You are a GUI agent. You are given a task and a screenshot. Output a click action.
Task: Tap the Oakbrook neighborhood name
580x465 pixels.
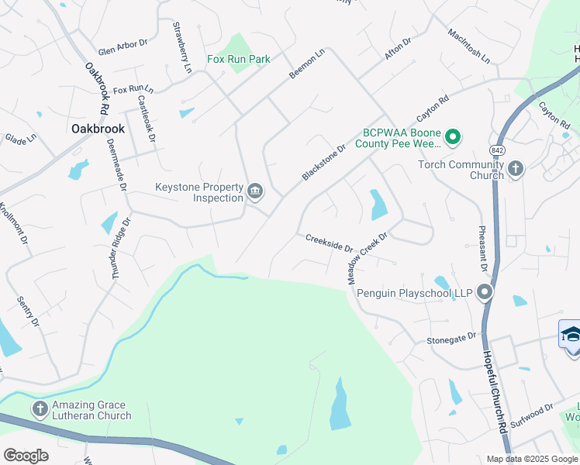click(x=98, y=128)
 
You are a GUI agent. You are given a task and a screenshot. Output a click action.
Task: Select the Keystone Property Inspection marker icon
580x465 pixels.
click(x=254, y=191)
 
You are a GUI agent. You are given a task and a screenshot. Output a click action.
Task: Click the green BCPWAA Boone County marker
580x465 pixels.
click(x=454, y=138)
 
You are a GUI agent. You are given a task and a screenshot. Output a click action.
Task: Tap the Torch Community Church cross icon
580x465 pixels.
click(x=516, y=167)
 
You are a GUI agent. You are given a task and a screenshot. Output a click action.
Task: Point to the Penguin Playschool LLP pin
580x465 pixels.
click(x=485, y=293)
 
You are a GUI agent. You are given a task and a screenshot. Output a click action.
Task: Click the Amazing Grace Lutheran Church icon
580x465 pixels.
click(x=40, y=408)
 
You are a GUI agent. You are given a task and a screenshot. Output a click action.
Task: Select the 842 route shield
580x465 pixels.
click(x=497, y=149)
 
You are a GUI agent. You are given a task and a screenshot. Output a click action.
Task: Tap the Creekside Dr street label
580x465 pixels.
click(x=329, y=243)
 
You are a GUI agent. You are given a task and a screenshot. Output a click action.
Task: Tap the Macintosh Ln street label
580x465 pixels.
click(x=469, y=46)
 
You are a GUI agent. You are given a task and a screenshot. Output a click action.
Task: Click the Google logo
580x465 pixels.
click(x=26, y=456)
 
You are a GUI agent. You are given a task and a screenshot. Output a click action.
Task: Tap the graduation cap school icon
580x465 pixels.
click(x=571, y=334)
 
